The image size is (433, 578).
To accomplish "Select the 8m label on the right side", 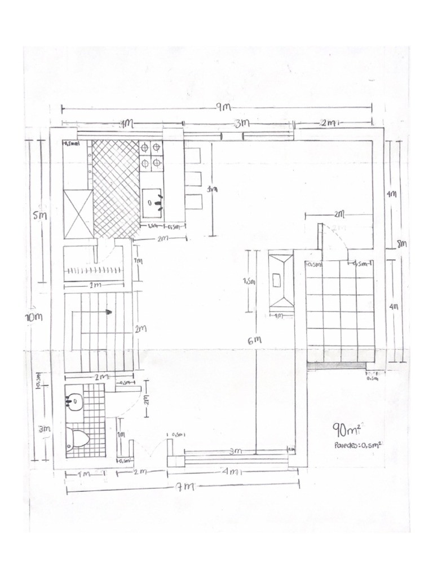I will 401,244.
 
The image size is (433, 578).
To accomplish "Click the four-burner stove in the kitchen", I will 151,155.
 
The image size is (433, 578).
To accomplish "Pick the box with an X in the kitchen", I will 78,214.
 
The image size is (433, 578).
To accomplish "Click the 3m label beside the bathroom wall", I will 44,428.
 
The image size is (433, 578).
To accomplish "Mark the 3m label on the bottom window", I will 236,451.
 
